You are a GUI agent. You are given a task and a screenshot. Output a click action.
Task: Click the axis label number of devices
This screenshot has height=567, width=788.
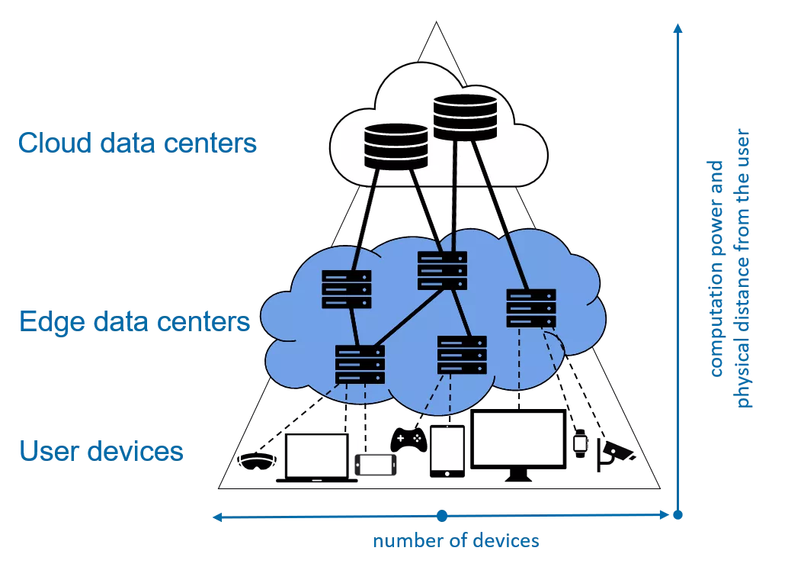(x=456, y=542)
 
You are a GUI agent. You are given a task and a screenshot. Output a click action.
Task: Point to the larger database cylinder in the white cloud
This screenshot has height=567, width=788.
(x=464, y=117)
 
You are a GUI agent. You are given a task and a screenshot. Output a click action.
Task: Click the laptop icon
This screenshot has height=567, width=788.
(x=316, y=460)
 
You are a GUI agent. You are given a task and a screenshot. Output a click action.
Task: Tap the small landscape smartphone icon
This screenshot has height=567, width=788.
(x=378, y=463)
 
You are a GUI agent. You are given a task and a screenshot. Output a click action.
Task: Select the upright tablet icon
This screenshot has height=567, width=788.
(x=447, y=450)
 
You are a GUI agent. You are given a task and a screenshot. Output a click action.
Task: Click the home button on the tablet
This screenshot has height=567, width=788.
(x=447, y=473)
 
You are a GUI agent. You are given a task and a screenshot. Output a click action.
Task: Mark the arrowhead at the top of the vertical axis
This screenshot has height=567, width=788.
(x=677, y=29)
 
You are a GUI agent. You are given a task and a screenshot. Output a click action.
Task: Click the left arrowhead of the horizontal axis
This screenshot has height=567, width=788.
(x=217, y=517)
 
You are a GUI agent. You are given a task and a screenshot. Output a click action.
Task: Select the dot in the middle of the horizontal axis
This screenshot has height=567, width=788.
(x=442, y=517)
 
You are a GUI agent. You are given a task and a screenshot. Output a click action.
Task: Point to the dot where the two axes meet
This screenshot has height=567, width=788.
(x=677, y=517)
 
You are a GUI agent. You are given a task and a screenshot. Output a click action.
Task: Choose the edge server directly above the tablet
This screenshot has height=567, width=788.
(x=462, y=354)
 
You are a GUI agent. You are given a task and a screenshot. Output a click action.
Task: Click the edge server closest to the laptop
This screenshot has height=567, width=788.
(x=360, y=364)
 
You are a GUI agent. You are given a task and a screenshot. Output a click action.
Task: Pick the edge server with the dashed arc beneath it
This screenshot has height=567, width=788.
(x=531, y=308)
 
